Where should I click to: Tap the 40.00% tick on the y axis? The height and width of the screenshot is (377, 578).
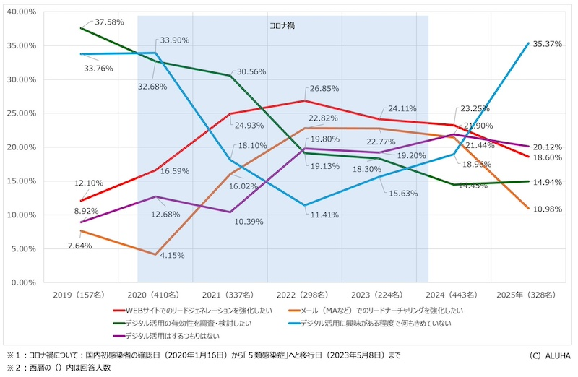pyautogui.click(x=22, y=12)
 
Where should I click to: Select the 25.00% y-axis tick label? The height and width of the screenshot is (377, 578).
pyautogui.click(x=22, y=113)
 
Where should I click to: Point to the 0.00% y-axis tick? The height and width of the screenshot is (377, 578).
pyautogui.click(x=24, y=282)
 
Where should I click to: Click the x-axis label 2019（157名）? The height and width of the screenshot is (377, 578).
pyautogui.click(x=79, y=295)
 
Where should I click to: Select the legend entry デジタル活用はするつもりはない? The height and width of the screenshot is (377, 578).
pyautogui.click(x=172, y=336)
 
